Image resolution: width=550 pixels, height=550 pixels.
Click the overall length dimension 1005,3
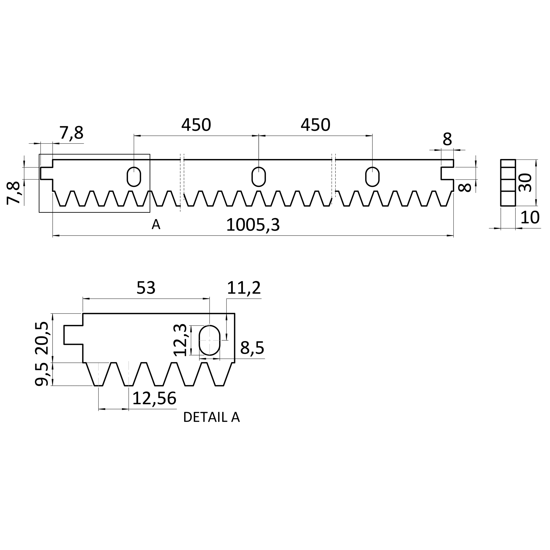point(253,225)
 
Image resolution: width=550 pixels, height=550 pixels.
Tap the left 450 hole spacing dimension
point(196,125)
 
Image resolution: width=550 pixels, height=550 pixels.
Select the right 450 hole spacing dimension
point(315,125)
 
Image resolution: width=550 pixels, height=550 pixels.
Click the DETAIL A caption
point(212,417)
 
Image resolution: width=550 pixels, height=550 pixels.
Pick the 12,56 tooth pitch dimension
point(154,398)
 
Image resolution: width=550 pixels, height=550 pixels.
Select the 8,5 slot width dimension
point(252,348)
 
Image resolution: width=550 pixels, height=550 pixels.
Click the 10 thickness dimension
point(530,218)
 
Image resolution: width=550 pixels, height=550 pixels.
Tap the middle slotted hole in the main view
point(258,177)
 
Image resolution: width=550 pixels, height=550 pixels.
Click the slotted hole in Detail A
point(209,340)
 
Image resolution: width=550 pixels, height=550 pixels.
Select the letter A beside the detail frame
point(156,225)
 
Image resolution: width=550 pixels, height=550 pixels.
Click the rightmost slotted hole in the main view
point(372,177)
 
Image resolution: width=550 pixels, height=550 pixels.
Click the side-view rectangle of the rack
point(508,182)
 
